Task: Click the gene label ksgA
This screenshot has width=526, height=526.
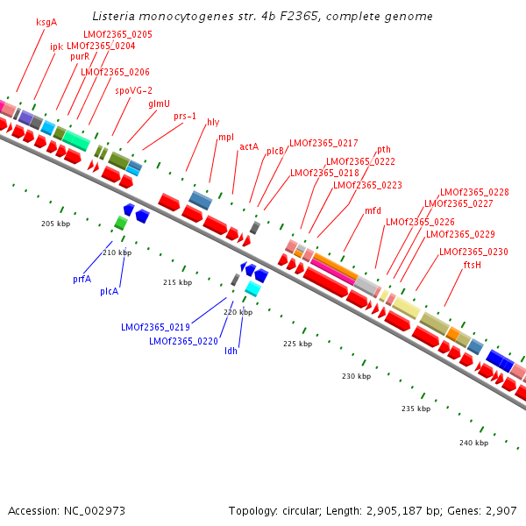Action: tap(46, 22)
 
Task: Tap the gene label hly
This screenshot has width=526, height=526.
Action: tap(213, 122)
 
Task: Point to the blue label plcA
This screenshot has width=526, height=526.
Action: tap(109, 290)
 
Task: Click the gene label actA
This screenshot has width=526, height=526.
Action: tap(249, 146)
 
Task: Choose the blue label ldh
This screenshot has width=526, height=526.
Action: tap(231, 351)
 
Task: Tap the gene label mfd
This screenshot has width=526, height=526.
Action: tap(373, 210)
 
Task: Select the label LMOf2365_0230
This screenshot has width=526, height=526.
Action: tap(473, 252)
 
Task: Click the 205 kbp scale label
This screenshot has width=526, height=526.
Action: tap(54, 224)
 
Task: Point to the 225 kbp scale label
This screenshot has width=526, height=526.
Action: tap(298, 344)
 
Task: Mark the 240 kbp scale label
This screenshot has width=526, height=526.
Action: tap(473, 443)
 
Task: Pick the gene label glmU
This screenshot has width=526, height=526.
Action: tap(159, 103)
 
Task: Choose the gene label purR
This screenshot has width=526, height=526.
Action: tap(80, 56)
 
